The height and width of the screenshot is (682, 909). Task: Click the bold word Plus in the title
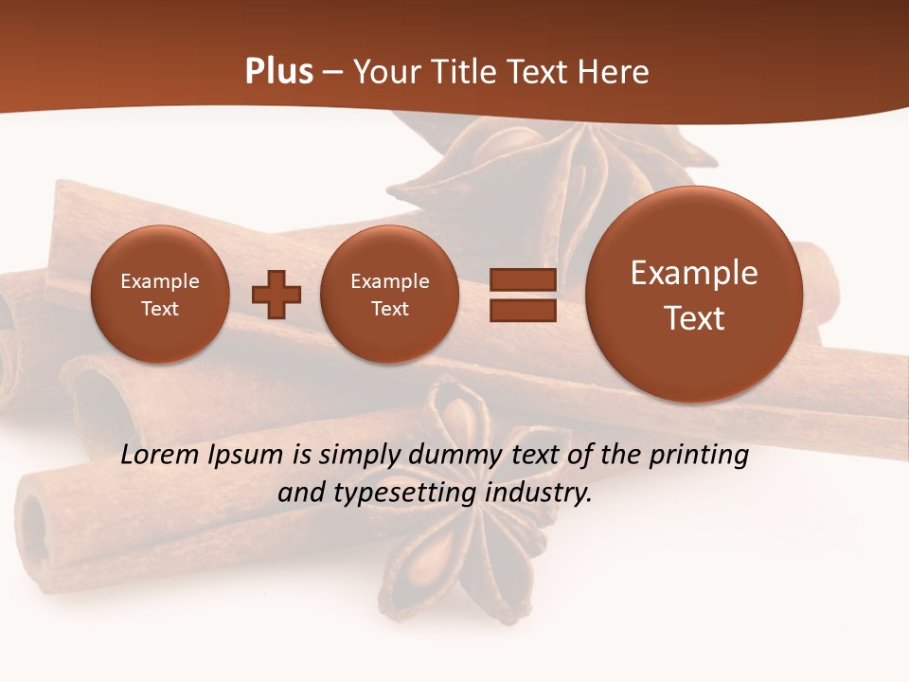[278, 72]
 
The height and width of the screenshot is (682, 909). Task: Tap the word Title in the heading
[466, 72]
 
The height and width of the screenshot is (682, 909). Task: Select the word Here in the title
[614, 72]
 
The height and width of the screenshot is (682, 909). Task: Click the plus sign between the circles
[276, 295]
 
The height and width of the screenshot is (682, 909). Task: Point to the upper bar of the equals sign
[522, 279]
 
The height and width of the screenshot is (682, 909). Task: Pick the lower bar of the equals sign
[522, 311]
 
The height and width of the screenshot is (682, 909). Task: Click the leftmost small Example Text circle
[160, 295]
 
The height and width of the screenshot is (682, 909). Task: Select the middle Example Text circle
[390, 295]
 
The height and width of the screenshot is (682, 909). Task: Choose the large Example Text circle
[694, 295]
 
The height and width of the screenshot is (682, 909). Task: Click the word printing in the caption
[698, 456]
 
